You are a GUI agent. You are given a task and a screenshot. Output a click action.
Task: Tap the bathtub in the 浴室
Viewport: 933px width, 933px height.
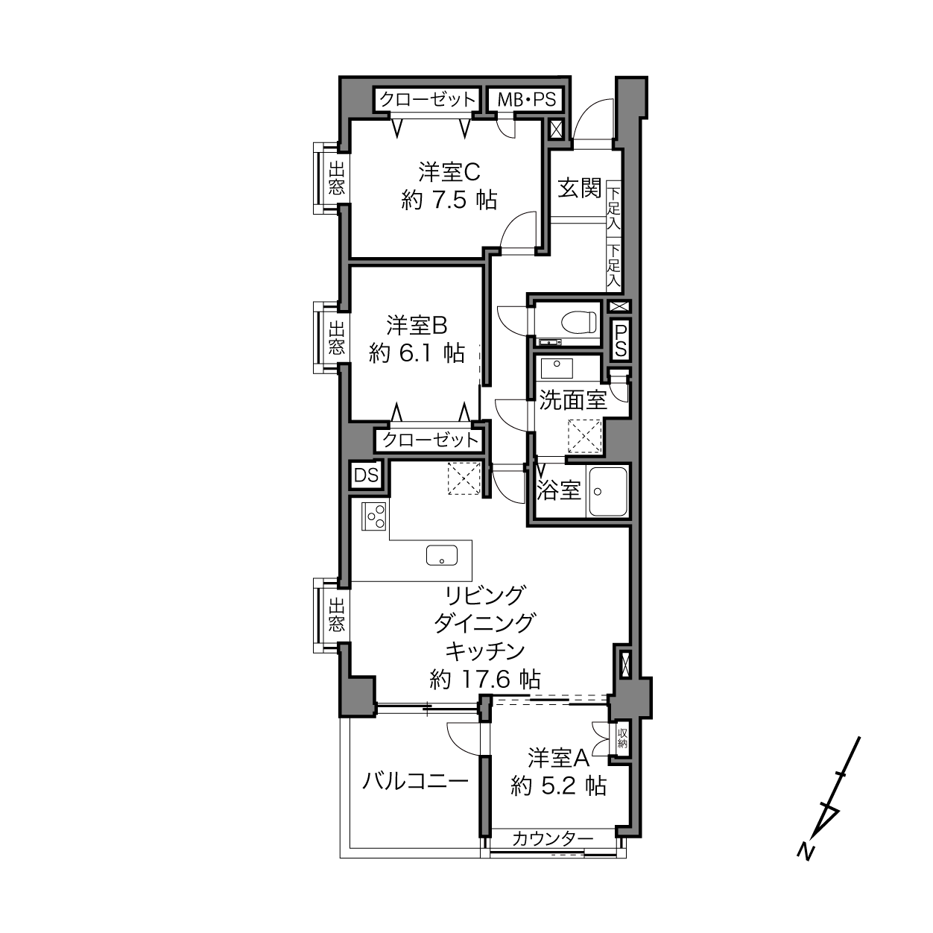coord(607,491)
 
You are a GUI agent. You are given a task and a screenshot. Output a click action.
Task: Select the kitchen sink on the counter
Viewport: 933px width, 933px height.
coord(442,555)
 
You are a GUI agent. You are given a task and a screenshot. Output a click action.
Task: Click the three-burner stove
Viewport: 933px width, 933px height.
coord(373,516)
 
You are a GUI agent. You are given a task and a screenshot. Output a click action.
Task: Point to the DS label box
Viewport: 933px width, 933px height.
coord(366,475)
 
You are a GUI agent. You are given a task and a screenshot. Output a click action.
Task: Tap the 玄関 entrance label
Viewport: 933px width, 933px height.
coord(580,188)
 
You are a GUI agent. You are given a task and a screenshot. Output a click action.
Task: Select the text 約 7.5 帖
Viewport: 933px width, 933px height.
coord(449,200)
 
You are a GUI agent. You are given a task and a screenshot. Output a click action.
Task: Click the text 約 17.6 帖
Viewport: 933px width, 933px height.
coord(484,680)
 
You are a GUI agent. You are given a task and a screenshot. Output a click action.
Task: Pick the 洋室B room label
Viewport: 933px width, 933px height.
coord(417,326)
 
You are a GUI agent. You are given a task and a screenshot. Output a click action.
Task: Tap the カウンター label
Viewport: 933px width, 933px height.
coord(552,838)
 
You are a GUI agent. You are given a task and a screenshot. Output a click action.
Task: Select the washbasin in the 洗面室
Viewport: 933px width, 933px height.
coord(557,368)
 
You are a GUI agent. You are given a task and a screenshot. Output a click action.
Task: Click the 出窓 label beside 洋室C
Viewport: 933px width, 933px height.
coord(337,178)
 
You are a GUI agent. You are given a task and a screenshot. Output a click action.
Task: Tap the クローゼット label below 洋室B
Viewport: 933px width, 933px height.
coord(430,440)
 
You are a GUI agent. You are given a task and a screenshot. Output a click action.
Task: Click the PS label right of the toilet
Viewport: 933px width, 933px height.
coord(621,340)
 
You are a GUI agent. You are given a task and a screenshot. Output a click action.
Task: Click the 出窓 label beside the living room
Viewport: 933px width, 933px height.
coord(337,615)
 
